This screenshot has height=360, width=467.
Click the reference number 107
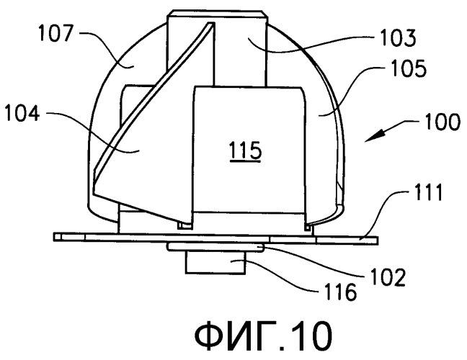[55, 33]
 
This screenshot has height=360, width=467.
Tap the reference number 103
[399, 38]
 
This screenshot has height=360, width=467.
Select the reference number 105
[409, 68]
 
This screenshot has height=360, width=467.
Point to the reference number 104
[22, 114]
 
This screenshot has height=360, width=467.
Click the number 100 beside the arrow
[442, 122]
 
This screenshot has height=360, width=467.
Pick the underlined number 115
[246, 151]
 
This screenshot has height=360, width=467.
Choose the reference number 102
[388, 277]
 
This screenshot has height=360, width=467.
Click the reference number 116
[340, 292]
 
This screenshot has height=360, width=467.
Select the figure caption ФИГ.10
[263, 336]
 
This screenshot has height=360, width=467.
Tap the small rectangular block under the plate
[215, 262]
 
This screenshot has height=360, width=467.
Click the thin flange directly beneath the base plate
[215, 247]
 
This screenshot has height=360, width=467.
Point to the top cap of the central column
[218, 14]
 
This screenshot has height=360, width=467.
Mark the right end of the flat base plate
[378, 240]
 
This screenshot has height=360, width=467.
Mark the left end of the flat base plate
[55, 237]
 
